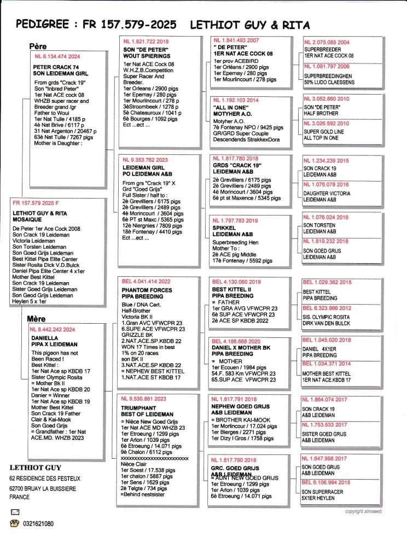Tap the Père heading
coord(38,46)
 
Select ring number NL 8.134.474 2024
coord(57,56)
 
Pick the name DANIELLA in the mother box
coord(44,337)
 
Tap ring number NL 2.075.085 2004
coord(328,42)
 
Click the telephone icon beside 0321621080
coord(15,523)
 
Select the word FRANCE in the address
coord(19,497)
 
